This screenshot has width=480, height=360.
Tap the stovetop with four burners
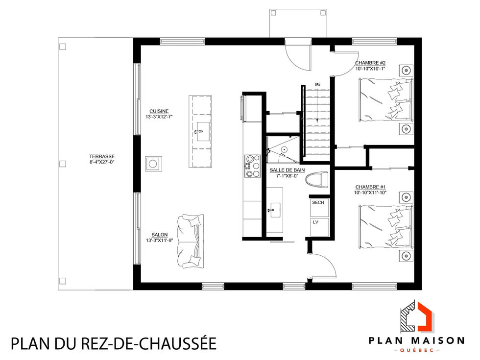[x=253, y=166]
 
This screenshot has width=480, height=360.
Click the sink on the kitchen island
[x=201, y=132]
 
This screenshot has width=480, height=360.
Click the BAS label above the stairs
[x=317, y=85]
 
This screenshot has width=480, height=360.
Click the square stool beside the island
[x=153, y=163]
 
